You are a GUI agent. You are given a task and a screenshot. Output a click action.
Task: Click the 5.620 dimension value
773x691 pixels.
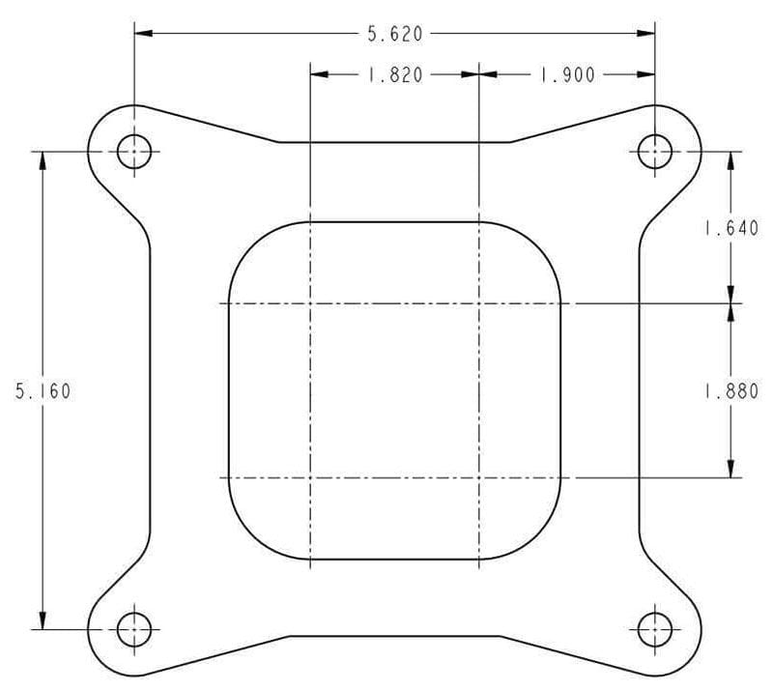point(394,34)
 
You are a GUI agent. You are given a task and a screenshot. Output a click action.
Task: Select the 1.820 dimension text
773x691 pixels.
point(394,74)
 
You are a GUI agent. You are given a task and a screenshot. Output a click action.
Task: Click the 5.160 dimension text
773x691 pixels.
point(43,391)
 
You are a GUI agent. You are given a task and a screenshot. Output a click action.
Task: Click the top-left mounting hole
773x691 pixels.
point(134,152)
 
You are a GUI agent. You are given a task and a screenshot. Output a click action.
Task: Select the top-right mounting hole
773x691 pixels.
point(655,152)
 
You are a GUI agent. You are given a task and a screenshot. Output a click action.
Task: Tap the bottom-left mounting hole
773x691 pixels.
point(134,630)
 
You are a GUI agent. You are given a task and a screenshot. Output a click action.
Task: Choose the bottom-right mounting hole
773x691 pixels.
point(655,630)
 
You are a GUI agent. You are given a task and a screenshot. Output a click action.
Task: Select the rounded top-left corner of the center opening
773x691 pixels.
point(247,242)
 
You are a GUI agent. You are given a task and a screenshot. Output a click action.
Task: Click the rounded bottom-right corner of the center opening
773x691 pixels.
point(542,540)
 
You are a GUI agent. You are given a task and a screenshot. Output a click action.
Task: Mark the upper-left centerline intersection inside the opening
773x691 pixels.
point(309,303)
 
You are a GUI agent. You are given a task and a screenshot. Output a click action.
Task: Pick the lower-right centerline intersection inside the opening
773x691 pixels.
point(480,477)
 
